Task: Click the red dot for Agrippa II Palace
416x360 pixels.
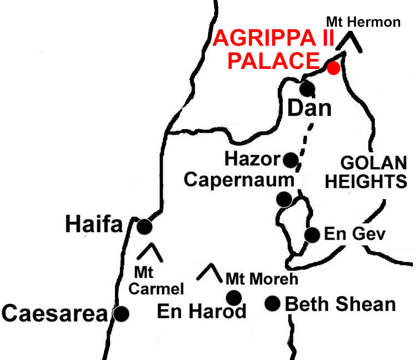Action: click(x=334, y=68)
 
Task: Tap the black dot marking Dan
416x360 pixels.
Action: click(x=307, y=88)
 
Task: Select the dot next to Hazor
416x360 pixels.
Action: click(x=290, y=160)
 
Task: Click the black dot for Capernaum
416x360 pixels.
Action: click(x=284, y=199)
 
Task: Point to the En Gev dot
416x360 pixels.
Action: click(x=312, y=235)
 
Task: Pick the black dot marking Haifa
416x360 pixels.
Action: click(x=145, y=226)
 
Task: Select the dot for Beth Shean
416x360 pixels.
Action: click(x=272, y=303)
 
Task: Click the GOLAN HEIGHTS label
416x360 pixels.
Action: click(x=374, y=172)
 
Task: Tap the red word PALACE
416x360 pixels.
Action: click(x=273, y=60)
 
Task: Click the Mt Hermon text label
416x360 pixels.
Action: click(x=363, y=22)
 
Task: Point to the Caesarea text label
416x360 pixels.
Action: click(x=54, y=313)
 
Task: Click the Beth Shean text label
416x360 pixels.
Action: click(x=340, y=304)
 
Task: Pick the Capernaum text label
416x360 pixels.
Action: click(x=239, y=180)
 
